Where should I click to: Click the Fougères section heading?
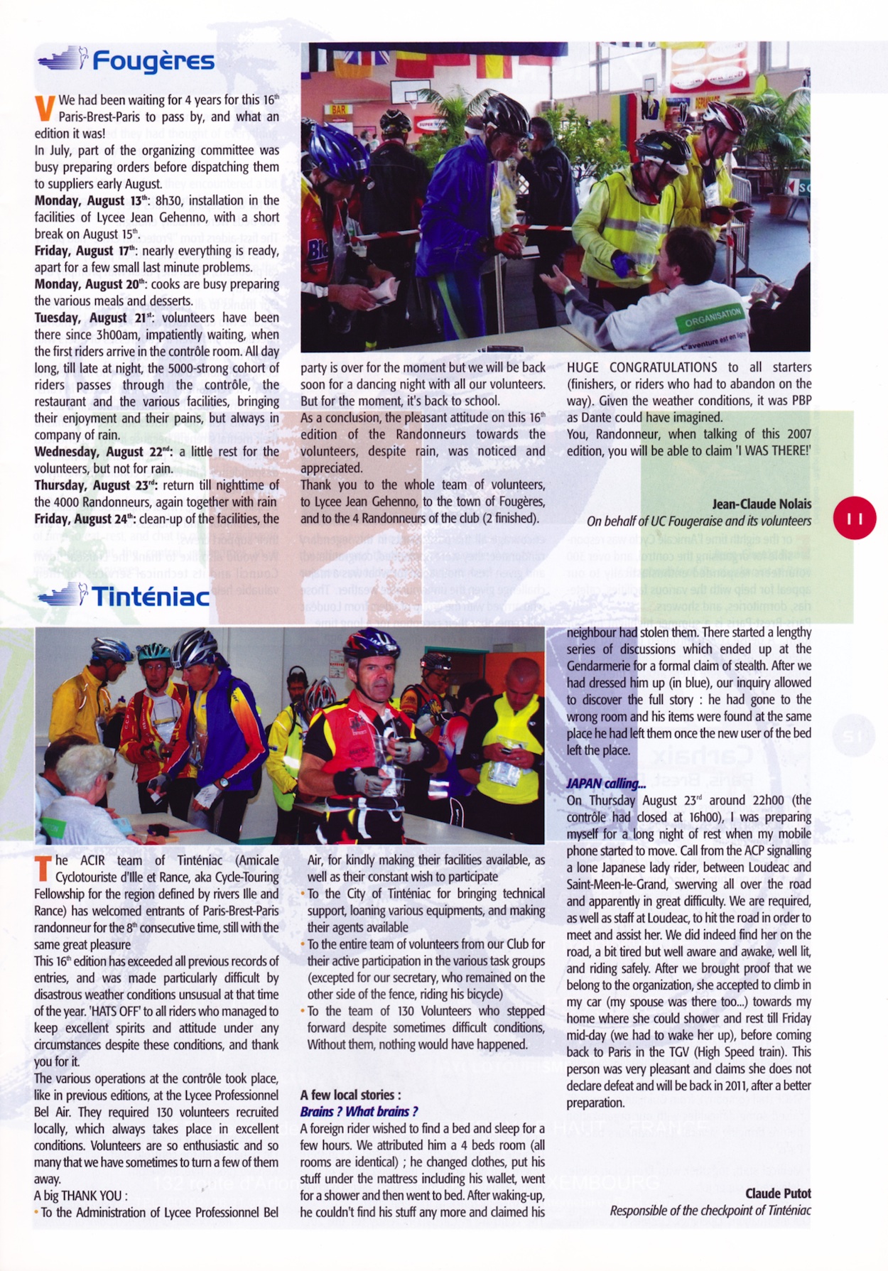click(153, 62)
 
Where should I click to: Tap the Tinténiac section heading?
click(151, 597)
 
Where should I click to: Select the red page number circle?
click(855, 518)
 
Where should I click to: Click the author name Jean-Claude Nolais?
click(762, 504)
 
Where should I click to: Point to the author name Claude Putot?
click(778, 1194)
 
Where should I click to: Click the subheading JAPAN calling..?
click(606, 784)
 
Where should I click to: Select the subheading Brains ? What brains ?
click(359, 1111)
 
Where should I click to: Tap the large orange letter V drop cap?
click(45, 109)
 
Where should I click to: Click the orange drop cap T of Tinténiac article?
click(43, 868)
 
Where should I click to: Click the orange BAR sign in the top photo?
click(339, 110)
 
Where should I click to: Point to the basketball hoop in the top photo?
click(413, 99)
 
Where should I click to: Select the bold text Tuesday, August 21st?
click(94, 318)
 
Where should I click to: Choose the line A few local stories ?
click(350, 1095)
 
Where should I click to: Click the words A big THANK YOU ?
click(81, 1195)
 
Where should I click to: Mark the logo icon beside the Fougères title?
click(63, 59)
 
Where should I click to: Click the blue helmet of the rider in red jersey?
click(371, 643)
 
